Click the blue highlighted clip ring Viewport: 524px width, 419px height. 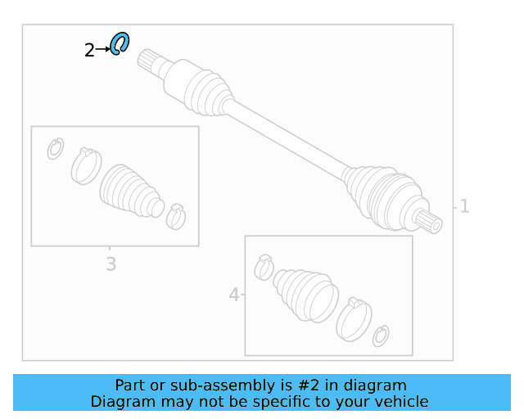point(120,43)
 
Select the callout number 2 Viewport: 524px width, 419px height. point(88,51)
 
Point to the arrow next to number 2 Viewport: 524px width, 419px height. point(102,50)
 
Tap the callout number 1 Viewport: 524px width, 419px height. point(464,206)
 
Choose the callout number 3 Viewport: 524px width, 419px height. point(111,264)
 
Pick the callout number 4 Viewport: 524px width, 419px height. point(234,295)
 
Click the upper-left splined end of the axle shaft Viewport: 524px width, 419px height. point(149,61)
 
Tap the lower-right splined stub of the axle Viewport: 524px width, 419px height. point(428,219)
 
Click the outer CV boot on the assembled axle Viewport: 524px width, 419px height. point(381,195)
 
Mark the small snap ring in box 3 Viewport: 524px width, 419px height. point(56,149)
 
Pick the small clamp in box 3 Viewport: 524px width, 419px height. point(176,217)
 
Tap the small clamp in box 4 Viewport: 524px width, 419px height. point(264,267)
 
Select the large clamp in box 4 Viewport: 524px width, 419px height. point(354,318)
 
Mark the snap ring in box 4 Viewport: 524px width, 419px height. point(381,335)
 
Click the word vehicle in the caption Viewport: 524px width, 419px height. point(400,401)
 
